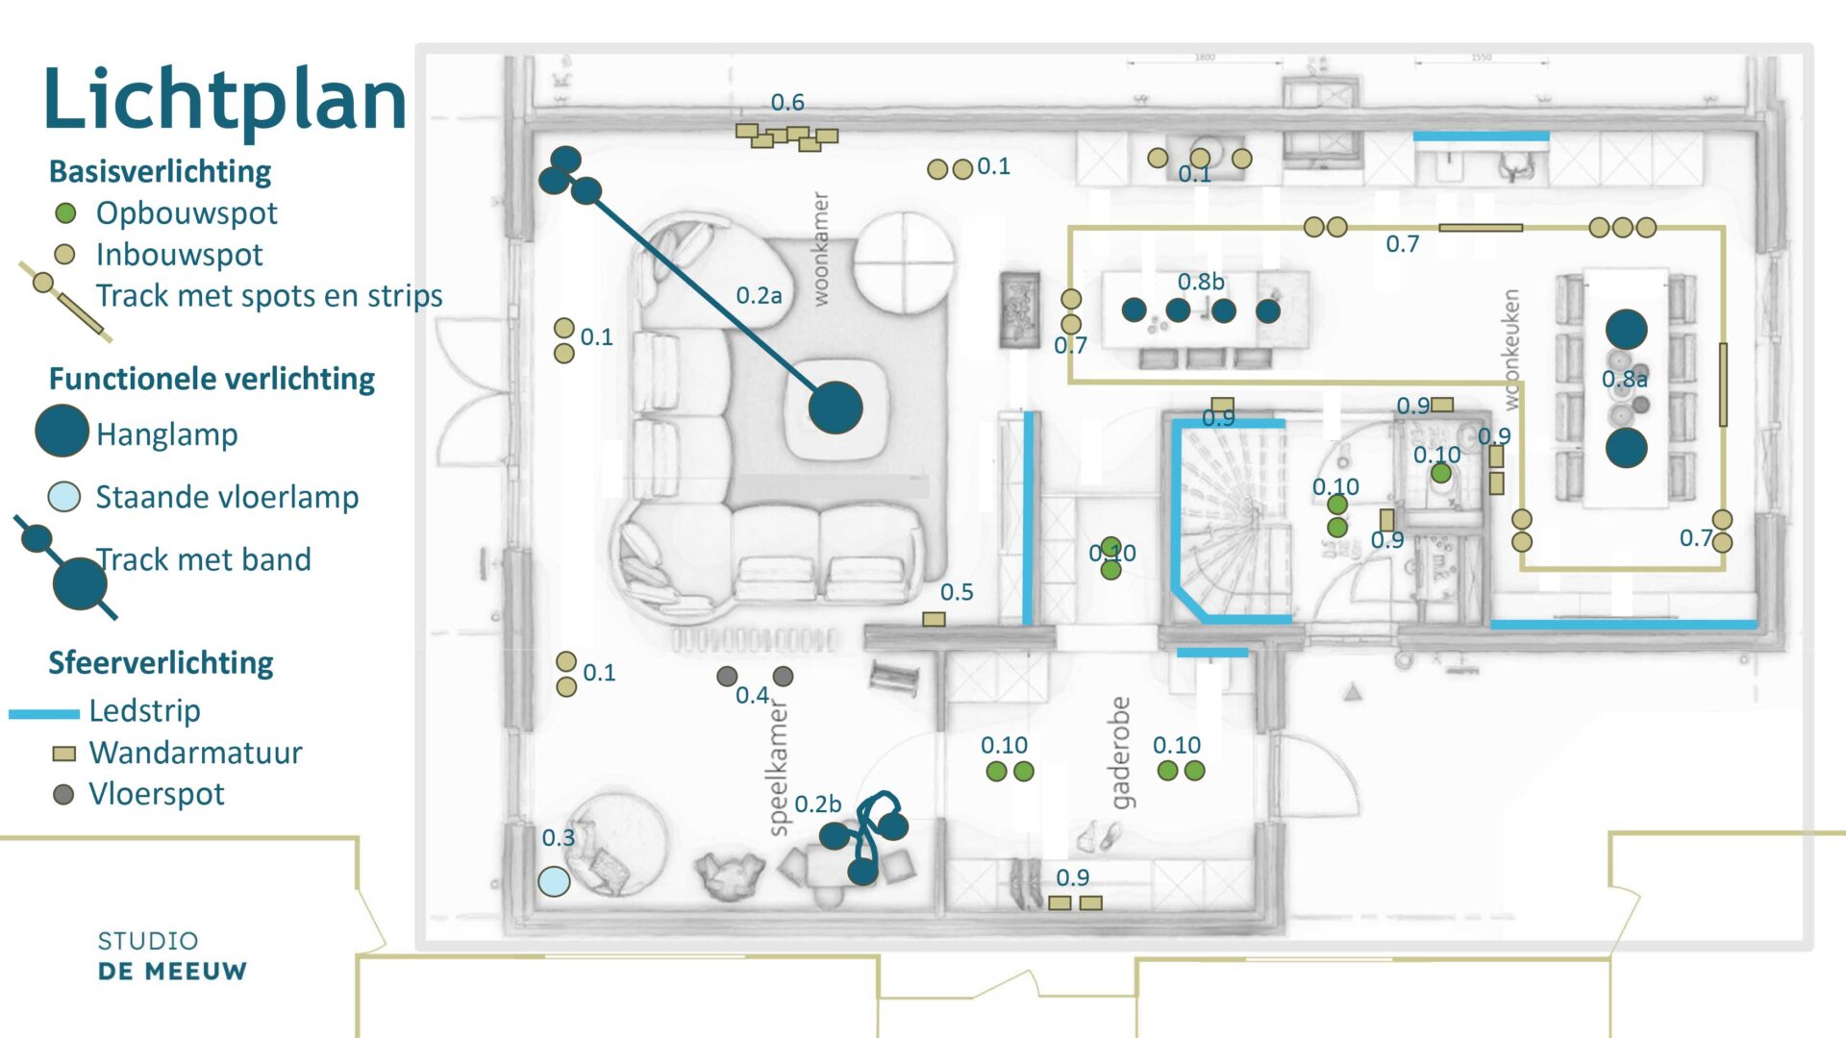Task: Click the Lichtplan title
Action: coord(225,100)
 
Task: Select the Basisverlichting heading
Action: coord(160,172)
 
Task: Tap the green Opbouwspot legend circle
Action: coord(65,212)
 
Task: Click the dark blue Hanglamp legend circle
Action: coord(62,432)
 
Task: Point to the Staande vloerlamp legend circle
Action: coord(64,497)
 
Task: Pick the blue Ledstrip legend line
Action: coord(44,713)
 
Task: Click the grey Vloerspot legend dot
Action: coord(63,795)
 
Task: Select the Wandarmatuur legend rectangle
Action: coord(63,754)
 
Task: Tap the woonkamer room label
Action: coord(820,249)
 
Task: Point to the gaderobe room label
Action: coord(1120,753)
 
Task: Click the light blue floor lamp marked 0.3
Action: coord(554,880)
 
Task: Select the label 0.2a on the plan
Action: coord(759,296)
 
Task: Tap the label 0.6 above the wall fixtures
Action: coord(787,102)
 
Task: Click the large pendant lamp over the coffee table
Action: coord(836,408)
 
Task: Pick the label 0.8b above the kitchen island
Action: coord(1201,282)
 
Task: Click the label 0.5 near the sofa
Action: coord(957,592)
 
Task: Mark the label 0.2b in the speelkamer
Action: coord(817,803)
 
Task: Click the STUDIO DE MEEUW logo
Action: coord(172,956)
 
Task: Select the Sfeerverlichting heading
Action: coord(161,663)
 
